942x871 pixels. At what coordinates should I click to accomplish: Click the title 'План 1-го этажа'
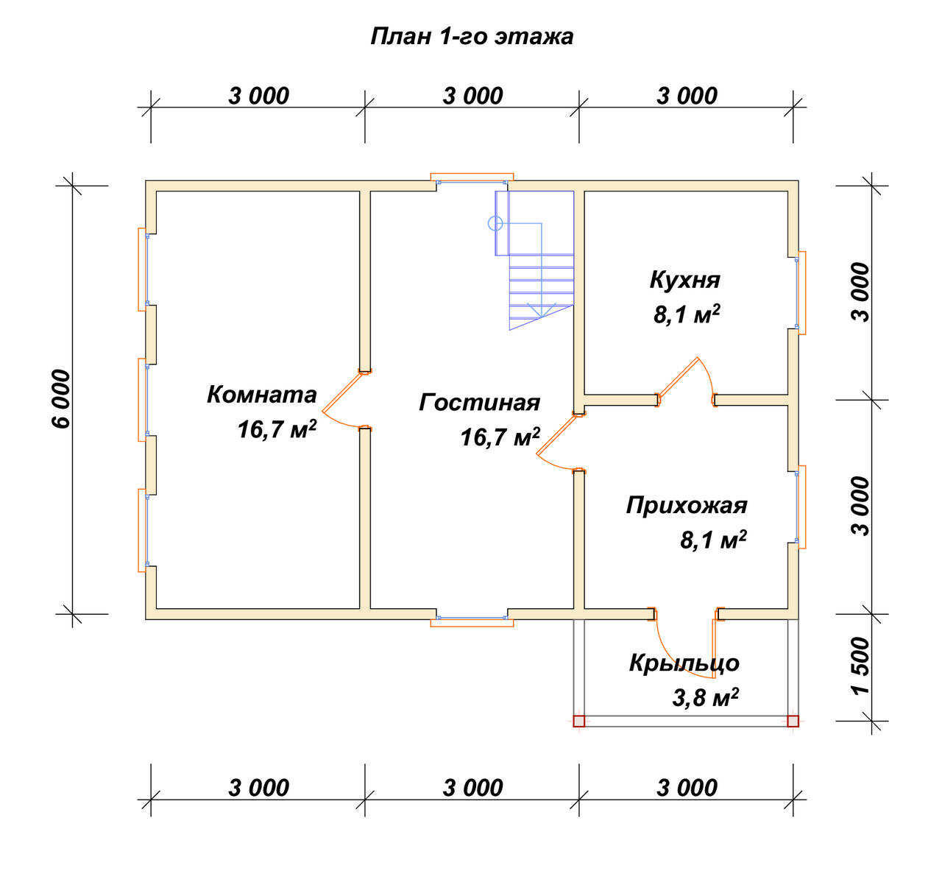coord(472,37)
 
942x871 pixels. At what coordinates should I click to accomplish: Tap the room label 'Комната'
coord(261,395)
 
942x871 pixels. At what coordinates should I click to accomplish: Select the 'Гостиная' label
coord(479,403)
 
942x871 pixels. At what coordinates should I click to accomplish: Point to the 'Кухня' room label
coord(684,280)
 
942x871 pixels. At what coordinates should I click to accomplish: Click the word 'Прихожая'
coord(687,506)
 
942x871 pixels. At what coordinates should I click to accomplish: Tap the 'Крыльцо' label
coord(684,663)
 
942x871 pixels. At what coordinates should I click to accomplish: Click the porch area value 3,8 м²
coord(705,697)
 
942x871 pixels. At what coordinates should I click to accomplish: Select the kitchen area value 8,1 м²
coord(687,314)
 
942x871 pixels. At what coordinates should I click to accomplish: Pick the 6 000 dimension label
coord(61,399)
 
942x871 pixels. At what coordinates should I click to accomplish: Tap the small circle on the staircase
coord(495,223)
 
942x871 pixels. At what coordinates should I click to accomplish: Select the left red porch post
coord(578,722)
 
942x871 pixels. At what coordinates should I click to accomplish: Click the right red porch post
coord(793,722)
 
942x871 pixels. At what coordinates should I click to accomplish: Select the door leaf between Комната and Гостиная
coord(343,392)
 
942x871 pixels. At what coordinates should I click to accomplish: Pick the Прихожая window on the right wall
coord(800,507)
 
